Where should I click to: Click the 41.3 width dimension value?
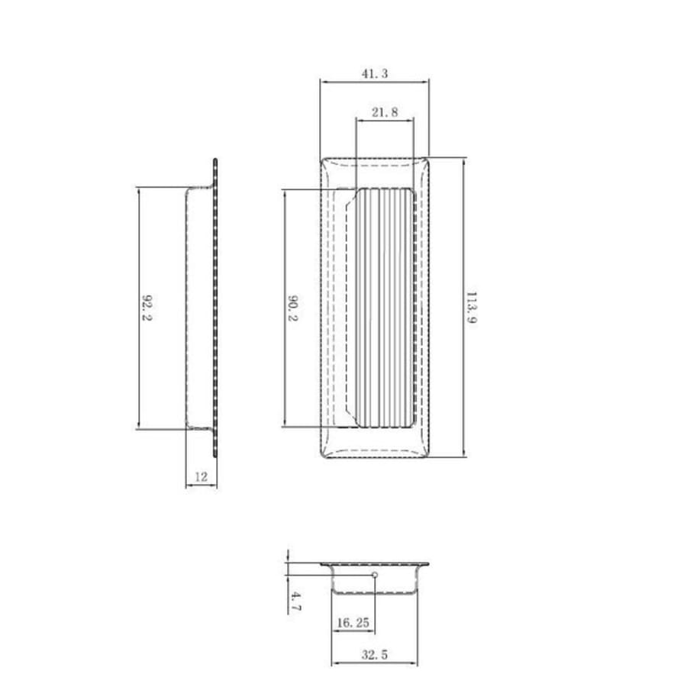[x=374, y=73]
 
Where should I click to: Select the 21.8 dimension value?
[x=385, y=112]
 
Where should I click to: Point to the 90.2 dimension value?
[x=292, y=308]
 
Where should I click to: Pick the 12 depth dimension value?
[x=202, y=476]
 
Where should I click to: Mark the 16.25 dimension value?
[x=353, y=623]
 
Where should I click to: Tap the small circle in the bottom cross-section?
[x=375, y=575]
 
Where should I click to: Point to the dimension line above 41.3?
[x=374, y=81]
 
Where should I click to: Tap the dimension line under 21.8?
[x=385, y=120]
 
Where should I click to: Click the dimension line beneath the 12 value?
[x=202, y=485]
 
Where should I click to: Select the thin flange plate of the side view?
[x=215, y=308]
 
